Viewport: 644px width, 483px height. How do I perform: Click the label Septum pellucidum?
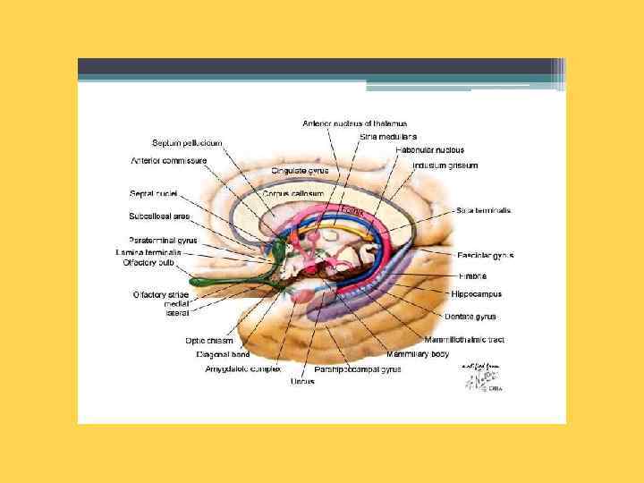187,143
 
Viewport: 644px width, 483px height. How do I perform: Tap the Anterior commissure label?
169,161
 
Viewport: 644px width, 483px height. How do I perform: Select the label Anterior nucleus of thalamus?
355,123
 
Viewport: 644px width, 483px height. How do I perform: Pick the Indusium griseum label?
445,165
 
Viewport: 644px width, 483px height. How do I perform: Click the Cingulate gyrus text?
301,170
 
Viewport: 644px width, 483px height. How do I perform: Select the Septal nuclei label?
153,193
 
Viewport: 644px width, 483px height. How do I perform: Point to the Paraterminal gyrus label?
163,241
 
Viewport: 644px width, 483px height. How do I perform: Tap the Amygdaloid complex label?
243,369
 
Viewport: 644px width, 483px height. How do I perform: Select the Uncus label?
302,382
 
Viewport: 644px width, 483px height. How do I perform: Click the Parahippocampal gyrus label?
358,369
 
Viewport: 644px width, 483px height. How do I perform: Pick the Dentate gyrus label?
473,317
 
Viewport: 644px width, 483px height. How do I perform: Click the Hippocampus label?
477,293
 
